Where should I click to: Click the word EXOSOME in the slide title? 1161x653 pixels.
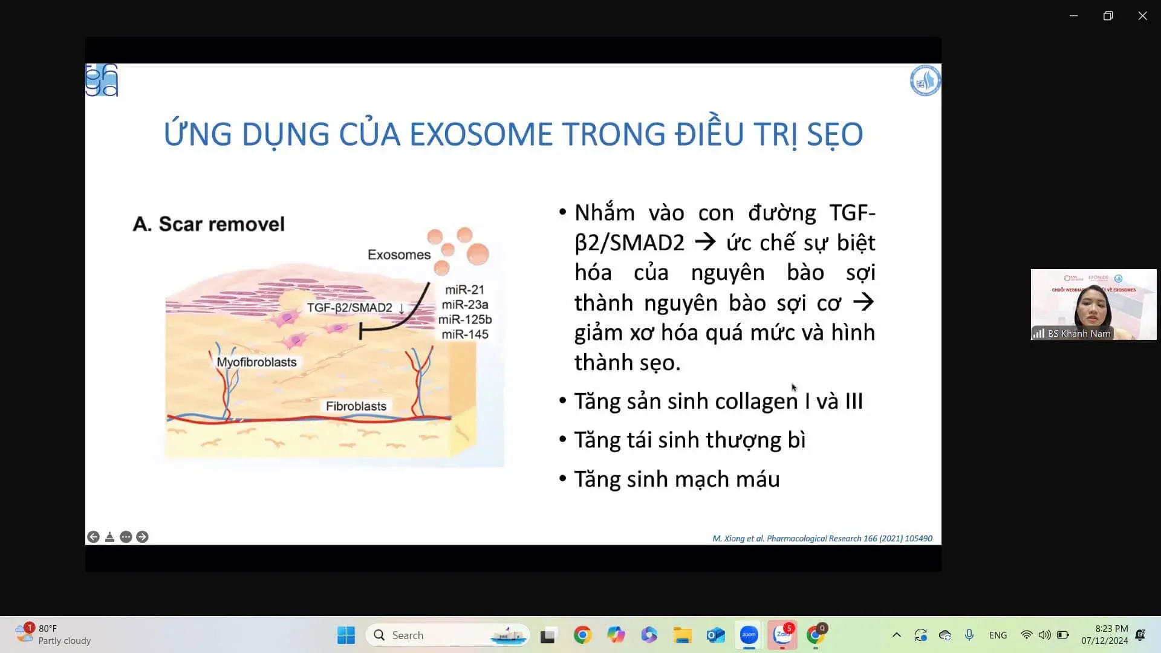481,134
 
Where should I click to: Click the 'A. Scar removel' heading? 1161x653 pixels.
209,224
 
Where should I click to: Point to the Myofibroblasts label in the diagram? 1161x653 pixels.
256,362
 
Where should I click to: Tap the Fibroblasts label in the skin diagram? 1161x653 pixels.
356,406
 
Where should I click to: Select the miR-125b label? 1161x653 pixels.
465,319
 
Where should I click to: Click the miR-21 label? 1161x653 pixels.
464,290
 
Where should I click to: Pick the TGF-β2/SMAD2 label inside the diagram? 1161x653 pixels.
350,308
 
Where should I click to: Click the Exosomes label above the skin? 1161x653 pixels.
398,255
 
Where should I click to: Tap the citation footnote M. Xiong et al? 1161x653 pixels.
822,538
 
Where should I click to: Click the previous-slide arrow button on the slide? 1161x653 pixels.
93,537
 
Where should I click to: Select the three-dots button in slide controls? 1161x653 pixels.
126,537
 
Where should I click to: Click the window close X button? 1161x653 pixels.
1142,16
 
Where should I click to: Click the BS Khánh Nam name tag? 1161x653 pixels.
1079,334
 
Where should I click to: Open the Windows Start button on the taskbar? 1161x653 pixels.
346,635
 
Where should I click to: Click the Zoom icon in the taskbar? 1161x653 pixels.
749,635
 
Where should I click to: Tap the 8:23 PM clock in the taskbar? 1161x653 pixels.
1111,629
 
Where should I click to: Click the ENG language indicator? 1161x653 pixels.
998,635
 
